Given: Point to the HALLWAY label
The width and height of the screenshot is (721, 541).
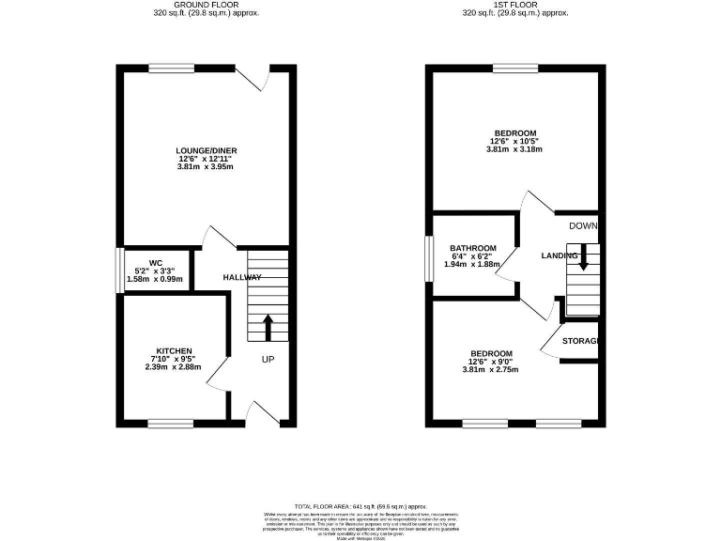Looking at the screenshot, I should click(241, 278).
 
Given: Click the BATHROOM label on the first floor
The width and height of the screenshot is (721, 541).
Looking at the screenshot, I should click(473, 248).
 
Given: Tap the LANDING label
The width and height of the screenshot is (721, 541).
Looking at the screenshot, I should click(559, 255).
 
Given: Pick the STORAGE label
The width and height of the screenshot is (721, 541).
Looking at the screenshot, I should click(580, 341).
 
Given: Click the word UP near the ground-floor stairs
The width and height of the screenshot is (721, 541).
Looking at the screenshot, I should click(268, 360).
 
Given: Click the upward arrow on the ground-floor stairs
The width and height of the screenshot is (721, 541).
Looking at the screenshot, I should click(267, 326).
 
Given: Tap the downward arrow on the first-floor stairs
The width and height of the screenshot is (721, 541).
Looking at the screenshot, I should click(584, 256).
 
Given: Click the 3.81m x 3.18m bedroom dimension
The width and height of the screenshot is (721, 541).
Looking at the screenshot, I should click(514, 149).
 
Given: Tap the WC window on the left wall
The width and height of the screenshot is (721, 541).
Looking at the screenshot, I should click(118, 270).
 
